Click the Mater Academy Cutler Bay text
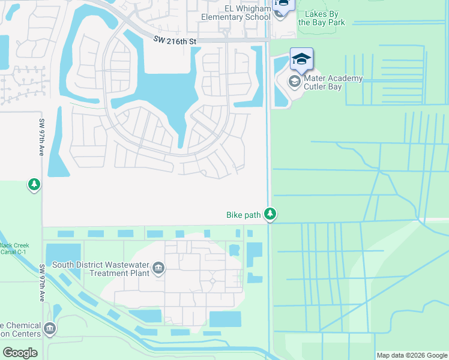333,83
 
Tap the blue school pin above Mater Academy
301,59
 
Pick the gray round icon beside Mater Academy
295,81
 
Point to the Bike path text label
243,215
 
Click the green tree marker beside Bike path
271,214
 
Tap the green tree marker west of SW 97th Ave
34,185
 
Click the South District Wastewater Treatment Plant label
100,268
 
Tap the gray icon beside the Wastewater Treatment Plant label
158,268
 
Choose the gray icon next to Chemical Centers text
50,328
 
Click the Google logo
20,353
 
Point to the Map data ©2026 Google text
411,355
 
